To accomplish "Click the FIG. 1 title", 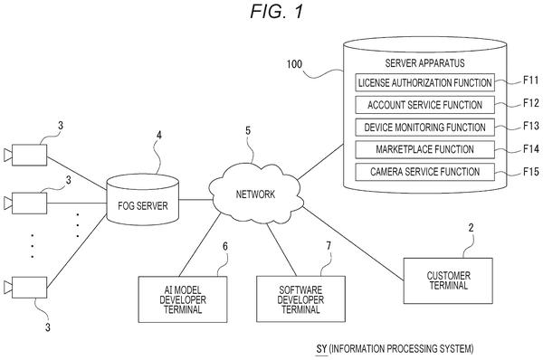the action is tap(277, 12).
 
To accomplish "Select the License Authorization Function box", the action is tap(425, 82).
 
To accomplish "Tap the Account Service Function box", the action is tap(425, 105).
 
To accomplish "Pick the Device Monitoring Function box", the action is tap(425, 127).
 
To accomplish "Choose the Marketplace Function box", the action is tap(425, 149).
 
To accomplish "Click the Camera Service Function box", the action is tap(425, 172).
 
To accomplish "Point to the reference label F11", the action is tap(531, 81).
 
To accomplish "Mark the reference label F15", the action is tap(531, 171).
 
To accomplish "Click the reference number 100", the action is tap(294, 64).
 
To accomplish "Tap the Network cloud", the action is tap(255, 194).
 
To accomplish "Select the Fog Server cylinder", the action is tap(143, 199).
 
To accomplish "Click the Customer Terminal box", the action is tap(448, 280).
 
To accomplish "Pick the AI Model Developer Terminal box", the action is tap(183, 299).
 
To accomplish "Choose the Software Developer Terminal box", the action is tap(300, 299).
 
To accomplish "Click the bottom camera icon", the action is tap(25, 288).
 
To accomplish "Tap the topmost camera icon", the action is tap(25, 155).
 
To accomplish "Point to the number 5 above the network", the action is tap(248, 131).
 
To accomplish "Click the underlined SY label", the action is tap(321, 349).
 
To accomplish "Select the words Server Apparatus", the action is tap(425, 63).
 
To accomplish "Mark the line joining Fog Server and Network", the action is tap(195, 199).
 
